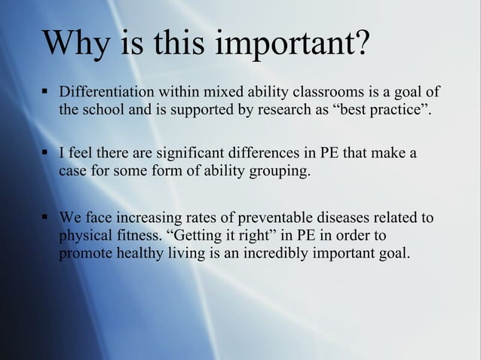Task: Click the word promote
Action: click(x=85, y=254)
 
